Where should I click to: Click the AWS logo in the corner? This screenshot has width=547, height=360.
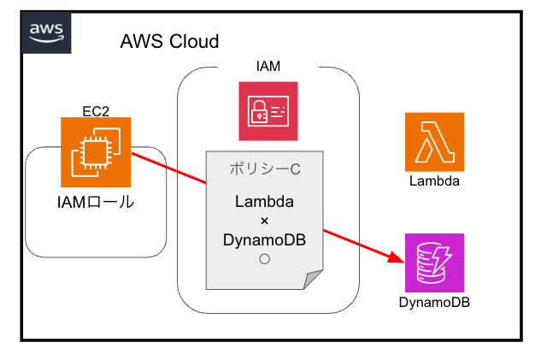[46, 32]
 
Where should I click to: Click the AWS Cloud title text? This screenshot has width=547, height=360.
[169, 41]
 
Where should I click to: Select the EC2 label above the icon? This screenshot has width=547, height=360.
[95, 110]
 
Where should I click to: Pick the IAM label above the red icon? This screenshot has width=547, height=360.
[268, 66]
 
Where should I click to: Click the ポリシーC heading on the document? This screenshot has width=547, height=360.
[264, 169]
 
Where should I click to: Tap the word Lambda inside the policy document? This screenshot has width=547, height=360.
[264, 203]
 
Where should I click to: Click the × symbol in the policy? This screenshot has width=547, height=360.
[264, 221]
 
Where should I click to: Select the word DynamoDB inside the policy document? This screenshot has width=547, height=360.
[264, 240]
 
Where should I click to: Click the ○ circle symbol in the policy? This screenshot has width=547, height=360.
[264, 259]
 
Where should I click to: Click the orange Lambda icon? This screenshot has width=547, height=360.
[434, 142]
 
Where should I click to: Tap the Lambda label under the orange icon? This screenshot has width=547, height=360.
[434, 181]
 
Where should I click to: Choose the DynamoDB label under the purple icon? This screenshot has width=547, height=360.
[434, 302]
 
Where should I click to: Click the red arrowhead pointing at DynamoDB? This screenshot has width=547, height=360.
[396, 257]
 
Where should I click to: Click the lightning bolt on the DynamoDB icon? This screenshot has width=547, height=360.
[444, 255]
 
